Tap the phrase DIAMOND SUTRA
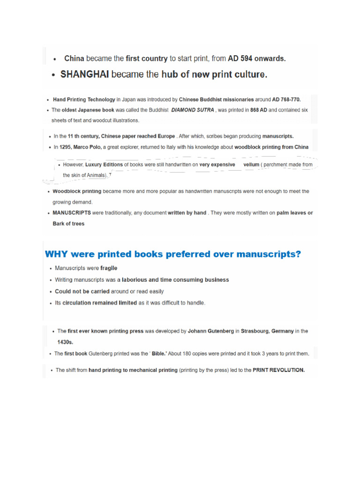(x=193, y=110)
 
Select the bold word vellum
(x=251, y=165)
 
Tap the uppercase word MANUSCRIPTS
(x=72, y=213)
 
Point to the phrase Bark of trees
(x=68, y=224)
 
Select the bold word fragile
(x=109, y=268)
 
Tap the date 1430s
(x=66, y=342)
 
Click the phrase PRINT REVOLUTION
(x=278, y=370)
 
